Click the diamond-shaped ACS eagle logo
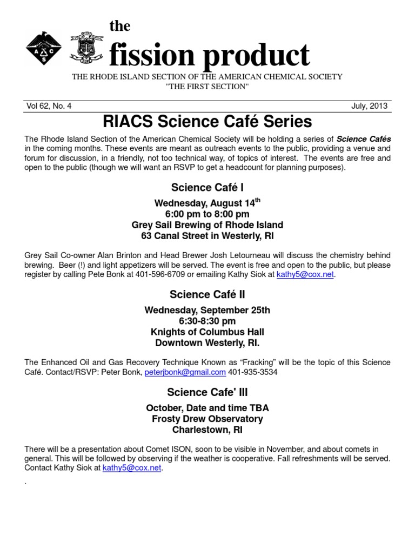(44, 48)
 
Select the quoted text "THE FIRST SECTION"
(207, 87)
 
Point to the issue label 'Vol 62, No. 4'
(49, 106)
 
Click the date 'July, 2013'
(369, 106)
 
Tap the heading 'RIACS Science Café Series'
(207, 121)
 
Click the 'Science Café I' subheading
(207, 187)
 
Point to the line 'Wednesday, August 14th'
(207, 203)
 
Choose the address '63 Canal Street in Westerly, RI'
(207, 236)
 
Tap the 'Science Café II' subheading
(207, 294)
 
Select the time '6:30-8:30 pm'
(207, 321)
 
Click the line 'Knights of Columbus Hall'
(207, 332)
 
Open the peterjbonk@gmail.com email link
(185, 372)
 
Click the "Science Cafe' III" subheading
(207, 392)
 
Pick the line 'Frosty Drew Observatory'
(207, 419)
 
